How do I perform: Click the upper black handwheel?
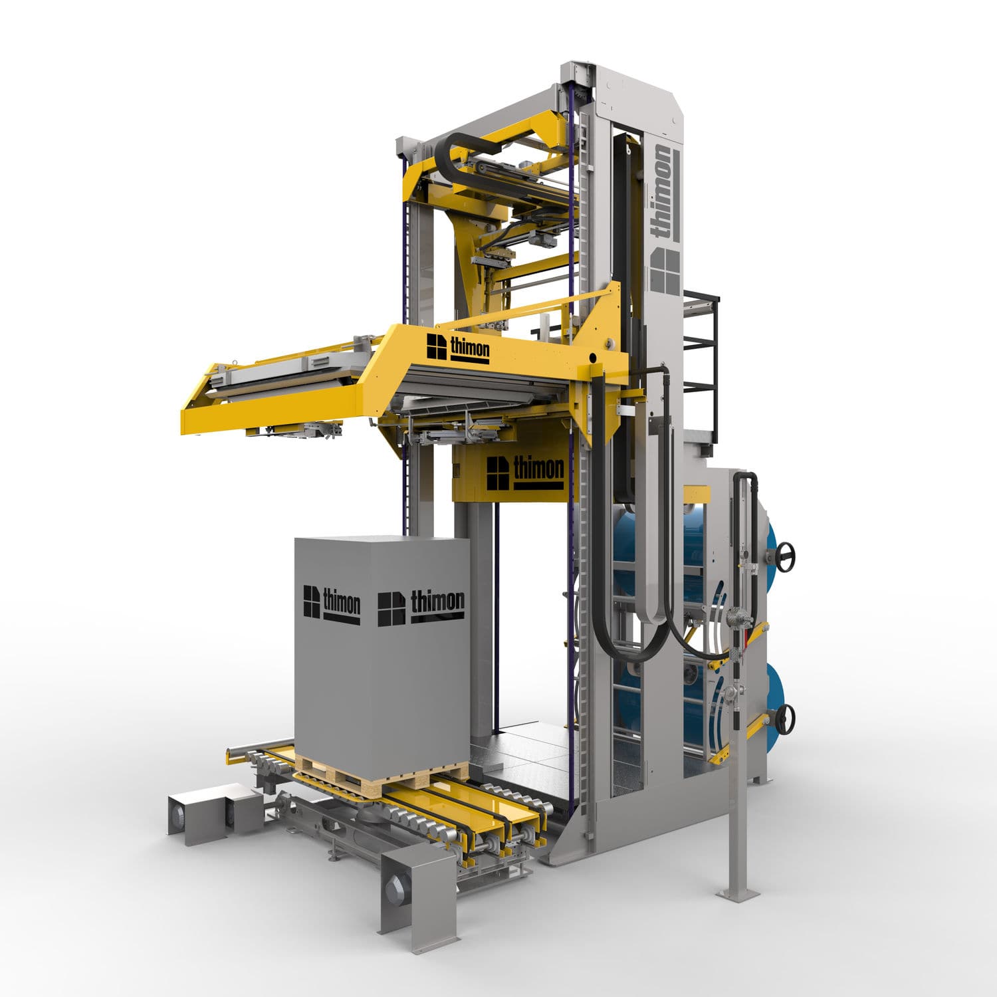tap(786, 556)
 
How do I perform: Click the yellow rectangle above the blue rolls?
tap(697, 495)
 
